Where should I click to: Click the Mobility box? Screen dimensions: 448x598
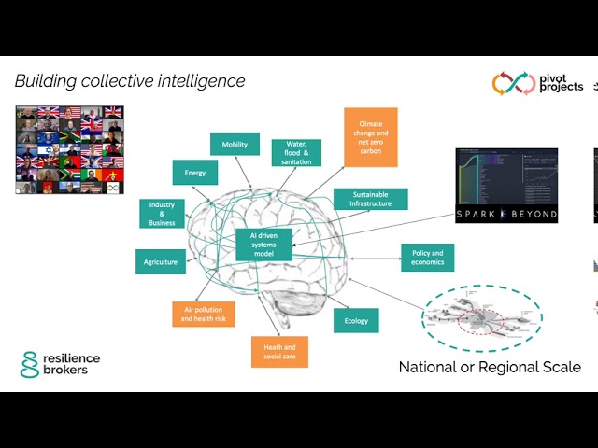tap(235, 145)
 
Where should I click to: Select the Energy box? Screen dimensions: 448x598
tap(195, 173)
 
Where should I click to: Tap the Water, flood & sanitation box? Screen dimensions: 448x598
tap(296, 153)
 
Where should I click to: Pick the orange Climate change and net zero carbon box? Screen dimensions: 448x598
tap(371, 137)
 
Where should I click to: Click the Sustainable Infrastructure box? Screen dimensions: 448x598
tap(370, 199)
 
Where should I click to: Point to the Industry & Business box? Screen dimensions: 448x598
tap(162, 214)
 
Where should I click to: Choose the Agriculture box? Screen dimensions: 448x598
tap(160, 262)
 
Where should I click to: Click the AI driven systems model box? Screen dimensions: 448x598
tap(263, 245)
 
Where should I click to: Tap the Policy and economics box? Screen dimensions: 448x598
tap(427, 258)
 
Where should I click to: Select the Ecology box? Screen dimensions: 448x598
tap(356, 321)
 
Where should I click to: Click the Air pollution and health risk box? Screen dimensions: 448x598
tap(203, 315)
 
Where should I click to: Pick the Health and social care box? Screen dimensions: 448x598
tap(279, 352)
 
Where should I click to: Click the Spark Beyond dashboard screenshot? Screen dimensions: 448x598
tap(506, 186)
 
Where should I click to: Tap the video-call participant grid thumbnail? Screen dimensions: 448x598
tap(69, 149)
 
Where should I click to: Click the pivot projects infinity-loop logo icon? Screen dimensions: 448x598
tap(512, 84)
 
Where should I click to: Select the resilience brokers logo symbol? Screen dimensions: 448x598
tap(30, 364)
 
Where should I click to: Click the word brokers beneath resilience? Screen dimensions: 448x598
tap(70, 371)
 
